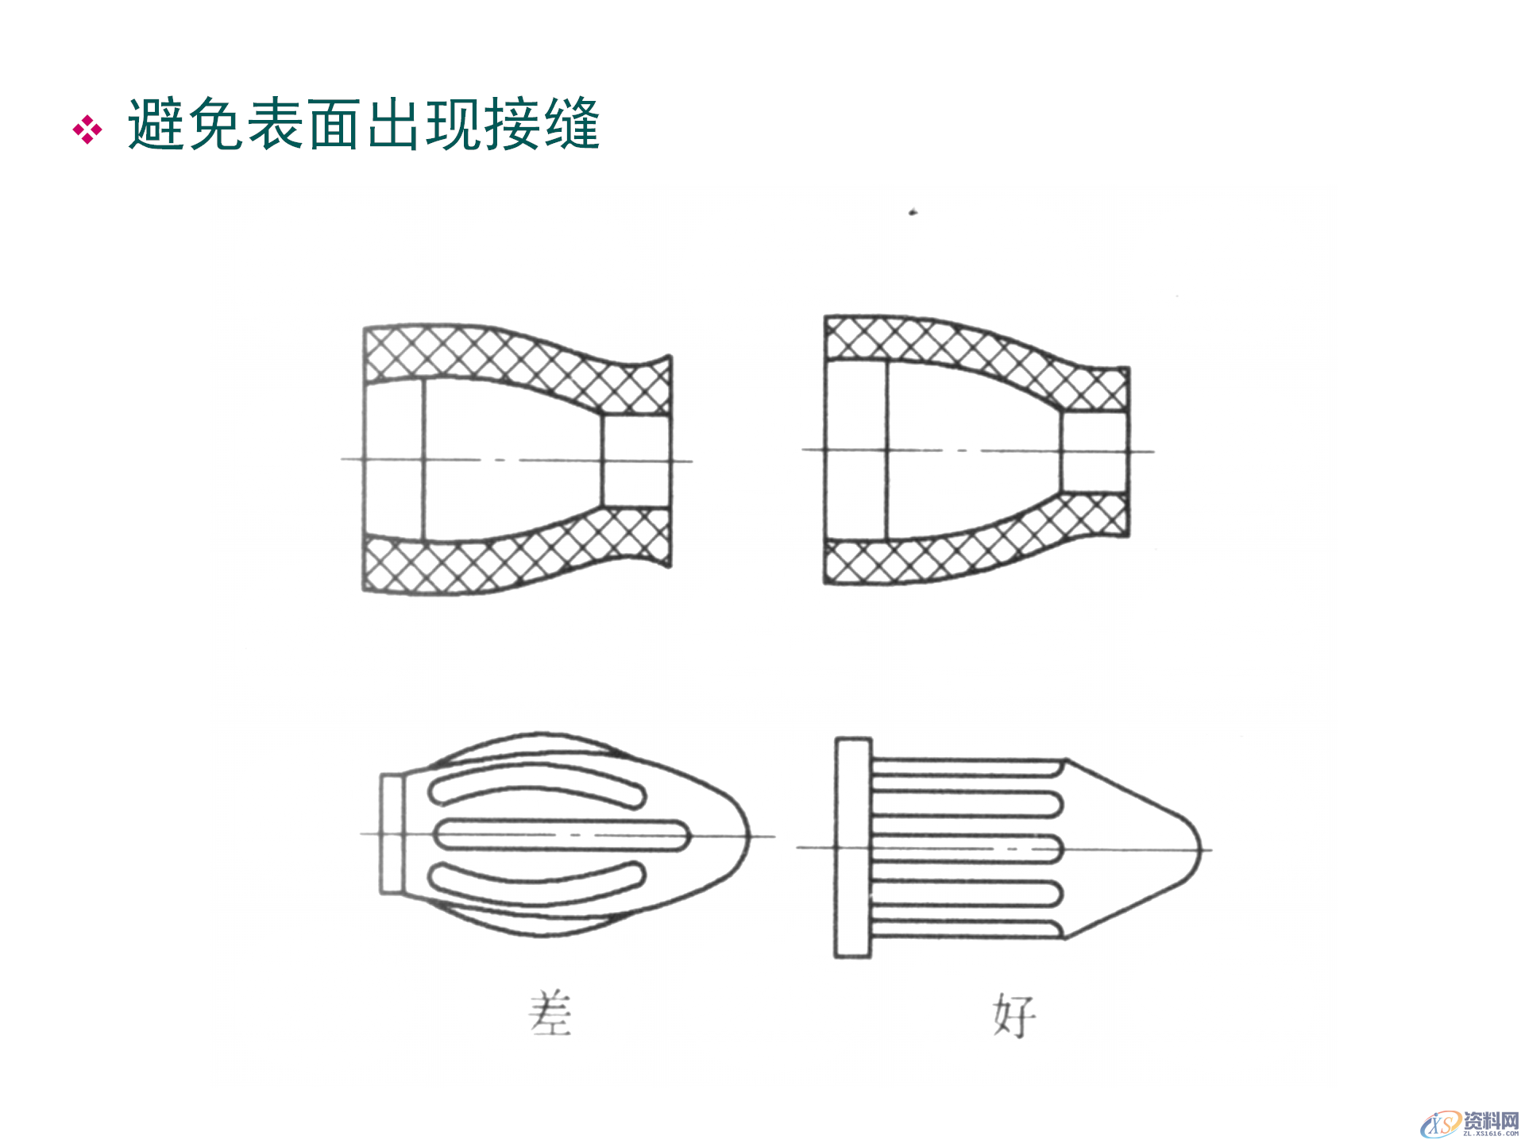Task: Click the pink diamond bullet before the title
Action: pos(87,129)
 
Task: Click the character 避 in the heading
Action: pos(156,125)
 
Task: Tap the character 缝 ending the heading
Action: pos(571,125)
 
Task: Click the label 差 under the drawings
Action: pos(550,1013)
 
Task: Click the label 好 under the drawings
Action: pos(1014,1015)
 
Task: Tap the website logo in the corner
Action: pos(1469,1123)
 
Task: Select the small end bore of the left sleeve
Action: pos(635,461)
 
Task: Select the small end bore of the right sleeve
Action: pos(1095,451)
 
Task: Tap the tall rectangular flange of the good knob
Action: pos(853,848)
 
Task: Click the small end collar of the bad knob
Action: pos(392,834)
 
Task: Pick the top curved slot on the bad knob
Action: pos(537,792)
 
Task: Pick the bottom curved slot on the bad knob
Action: pos(537,876)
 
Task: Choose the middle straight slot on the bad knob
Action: pos(561,835)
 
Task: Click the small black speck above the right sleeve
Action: pos(913,212)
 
